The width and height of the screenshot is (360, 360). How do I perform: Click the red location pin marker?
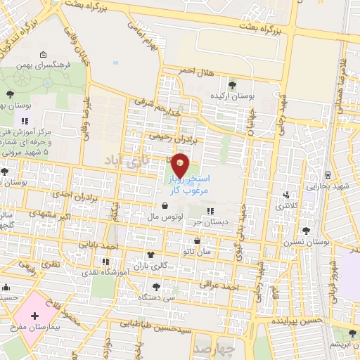pyautogui.click(x=181, y=165)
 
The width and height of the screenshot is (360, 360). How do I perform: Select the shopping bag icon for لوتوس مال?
pyautogui.click(x=165, y=207)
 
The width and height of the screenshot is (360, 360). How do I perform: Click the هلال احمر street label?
pyautogui.click(x=196, y=72)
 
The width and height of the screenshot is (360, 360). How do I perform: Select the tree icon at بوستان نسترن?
pyautogui.click(x=306, y=230)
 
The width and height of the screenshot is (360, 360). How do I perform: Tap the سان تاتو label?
pyautogui.click(x=196, y=251)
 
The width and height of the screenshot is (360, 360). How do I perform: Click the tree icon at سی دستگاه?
pyautogui.click(x=156, y=286)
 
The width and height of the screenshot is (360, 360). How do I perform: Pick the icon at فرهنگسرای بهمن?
pyautogui.click(x=44, y=56)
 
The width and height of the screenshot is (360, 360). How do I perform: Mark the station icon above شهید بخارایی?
pyautogui.click(x=327, y=174)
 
